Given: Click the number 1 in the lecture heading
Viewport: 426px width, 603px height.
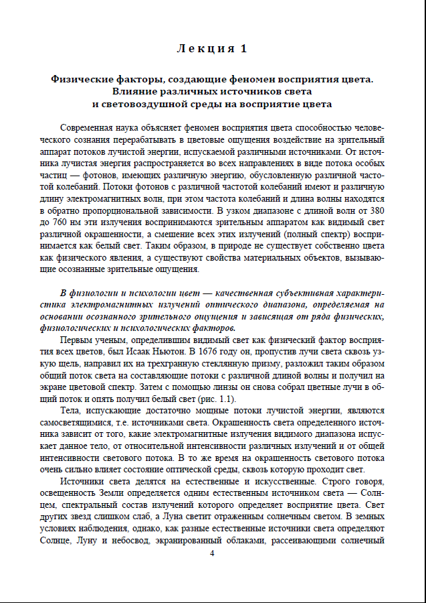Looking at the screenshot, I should [x=244, y=48].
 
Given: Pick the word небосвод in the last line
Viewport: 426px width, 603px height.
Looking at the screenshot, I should [x=163, y=540].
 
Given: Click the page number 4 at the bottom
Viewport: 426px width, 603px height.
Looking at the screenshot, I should [x=212, y=553].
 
